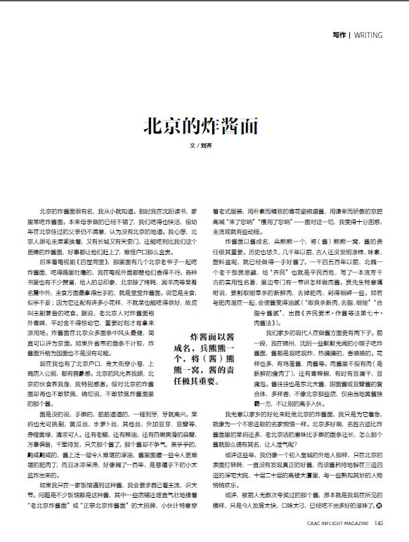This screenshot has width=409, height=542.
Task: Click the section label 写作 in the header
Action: tap(340, 34)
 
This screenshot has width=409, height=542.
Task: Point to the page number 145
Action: tap(378, 522)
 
